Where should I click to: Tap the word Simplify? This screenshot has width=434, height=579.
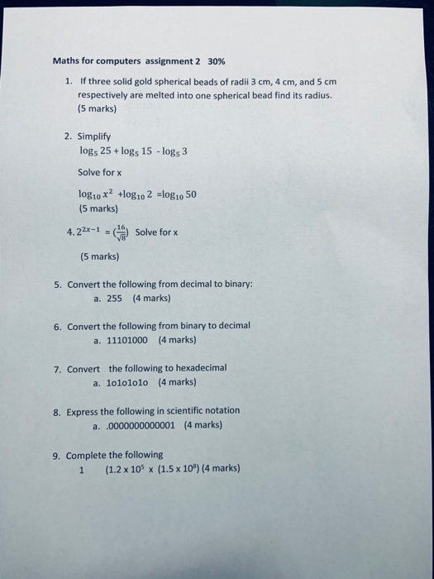coord(94,135)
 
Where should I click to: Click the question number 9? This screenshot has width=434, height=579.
coord(56,455)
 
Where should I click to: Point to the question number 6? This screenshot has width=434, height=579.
coord(56,326)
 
